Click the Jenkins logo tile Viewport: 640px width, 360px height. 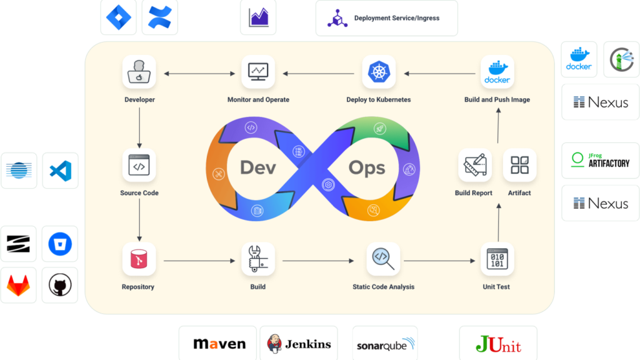pos(299,343)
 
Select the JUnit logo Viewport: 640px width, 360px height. pos(498,343)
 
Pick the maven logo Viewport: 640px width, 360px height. pos(219,343)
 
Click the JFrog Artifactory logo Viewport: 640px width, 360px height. pos(600,161)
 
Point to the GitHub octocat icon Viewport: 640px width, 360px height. pos(60,286)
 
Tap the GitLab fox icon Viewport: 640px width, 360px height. pos(19,286)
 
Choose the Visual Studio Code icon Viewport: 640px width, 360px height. pos(60,170)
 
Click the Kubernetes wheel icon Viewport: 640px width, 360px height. pos(379,72)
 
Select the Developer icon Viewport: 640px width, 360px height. pos(139,72)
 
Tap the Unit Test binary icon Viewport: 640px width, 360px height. pos(497,259)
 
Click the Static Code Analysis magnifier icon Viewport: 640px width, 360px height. pos(382,259)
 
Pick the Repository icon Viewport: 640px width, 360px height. pos(139,259)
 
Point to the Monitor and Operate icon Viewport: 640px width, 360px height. pos(257,72)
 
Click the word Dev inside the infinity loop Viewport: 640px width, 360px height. pos(257,167)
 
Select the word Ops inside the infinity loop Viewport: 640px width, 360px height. pos(366,167)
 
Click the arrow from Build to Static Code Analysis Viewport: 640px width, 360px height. pos(316,260)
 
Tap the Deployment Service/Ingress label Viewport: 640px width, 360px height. pos(396,18)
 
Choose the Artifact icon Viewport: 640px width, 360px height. pos(519,165)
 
